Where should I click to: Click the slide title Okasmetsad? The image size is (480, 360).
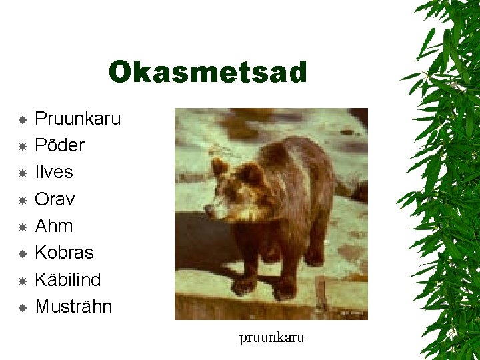point(207,73)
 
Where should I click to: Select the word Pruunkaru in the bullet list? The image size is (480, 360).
point(77,119)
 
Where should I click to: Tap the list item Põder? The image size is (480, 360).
point(59,145)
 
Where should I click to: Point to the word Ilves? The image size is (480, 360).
point(53,172)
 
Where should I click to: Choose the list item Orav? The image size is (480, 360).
point(54,199)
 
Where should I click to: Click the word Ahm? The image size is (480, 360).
point(53,226)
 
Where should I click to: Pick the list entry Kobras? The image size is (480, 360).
point(64,253)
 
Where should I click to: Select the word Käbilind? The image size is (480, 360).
point(67,279)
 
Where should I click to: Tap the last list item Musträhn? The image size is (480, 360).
point(73,307)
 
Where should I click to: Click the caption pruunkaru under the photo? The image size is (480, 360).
point(271,337)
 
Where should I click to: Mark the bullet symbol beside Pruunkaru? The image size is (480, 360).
point(22,120)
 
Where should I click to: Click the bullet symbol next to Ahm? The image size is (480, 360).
point(22,227)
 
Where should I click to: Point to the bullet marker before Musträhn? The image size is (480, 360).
point(22,307)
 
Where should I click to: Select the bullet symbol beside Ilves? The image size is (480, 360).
point(22,173)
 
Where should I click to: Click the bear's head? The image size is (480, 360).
point(233,190)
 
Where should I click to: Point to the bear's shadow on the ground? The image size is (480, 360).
point(200,247)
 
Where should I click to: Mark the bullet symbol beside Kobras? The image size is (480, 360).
point(22,253)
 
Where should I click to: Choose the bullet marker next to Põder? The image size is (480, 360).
point(22,146)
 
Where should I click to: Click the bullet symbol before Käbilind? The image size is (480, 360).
point(22,281)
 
